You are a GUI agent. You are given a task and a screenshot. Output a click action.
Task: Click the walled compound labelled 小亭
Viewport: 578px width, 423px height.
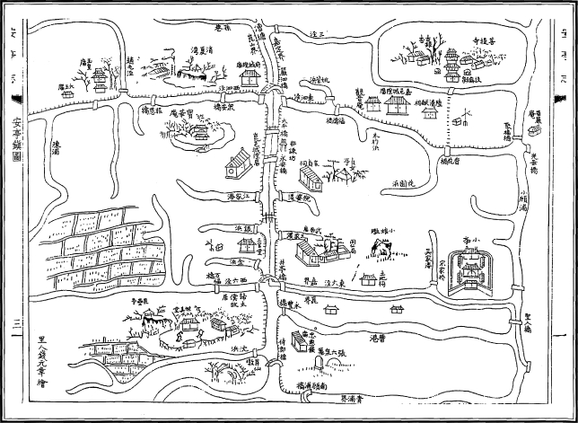pos(470,268)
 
